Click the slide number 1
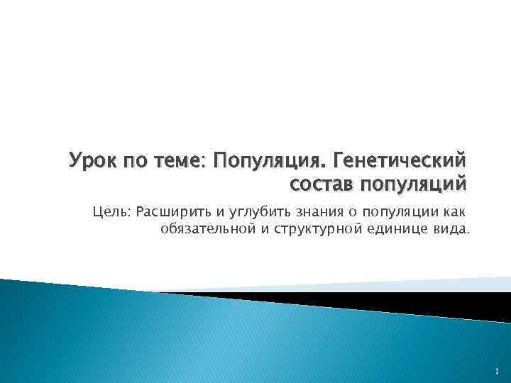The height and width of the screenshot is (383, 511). coord(498,371)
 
